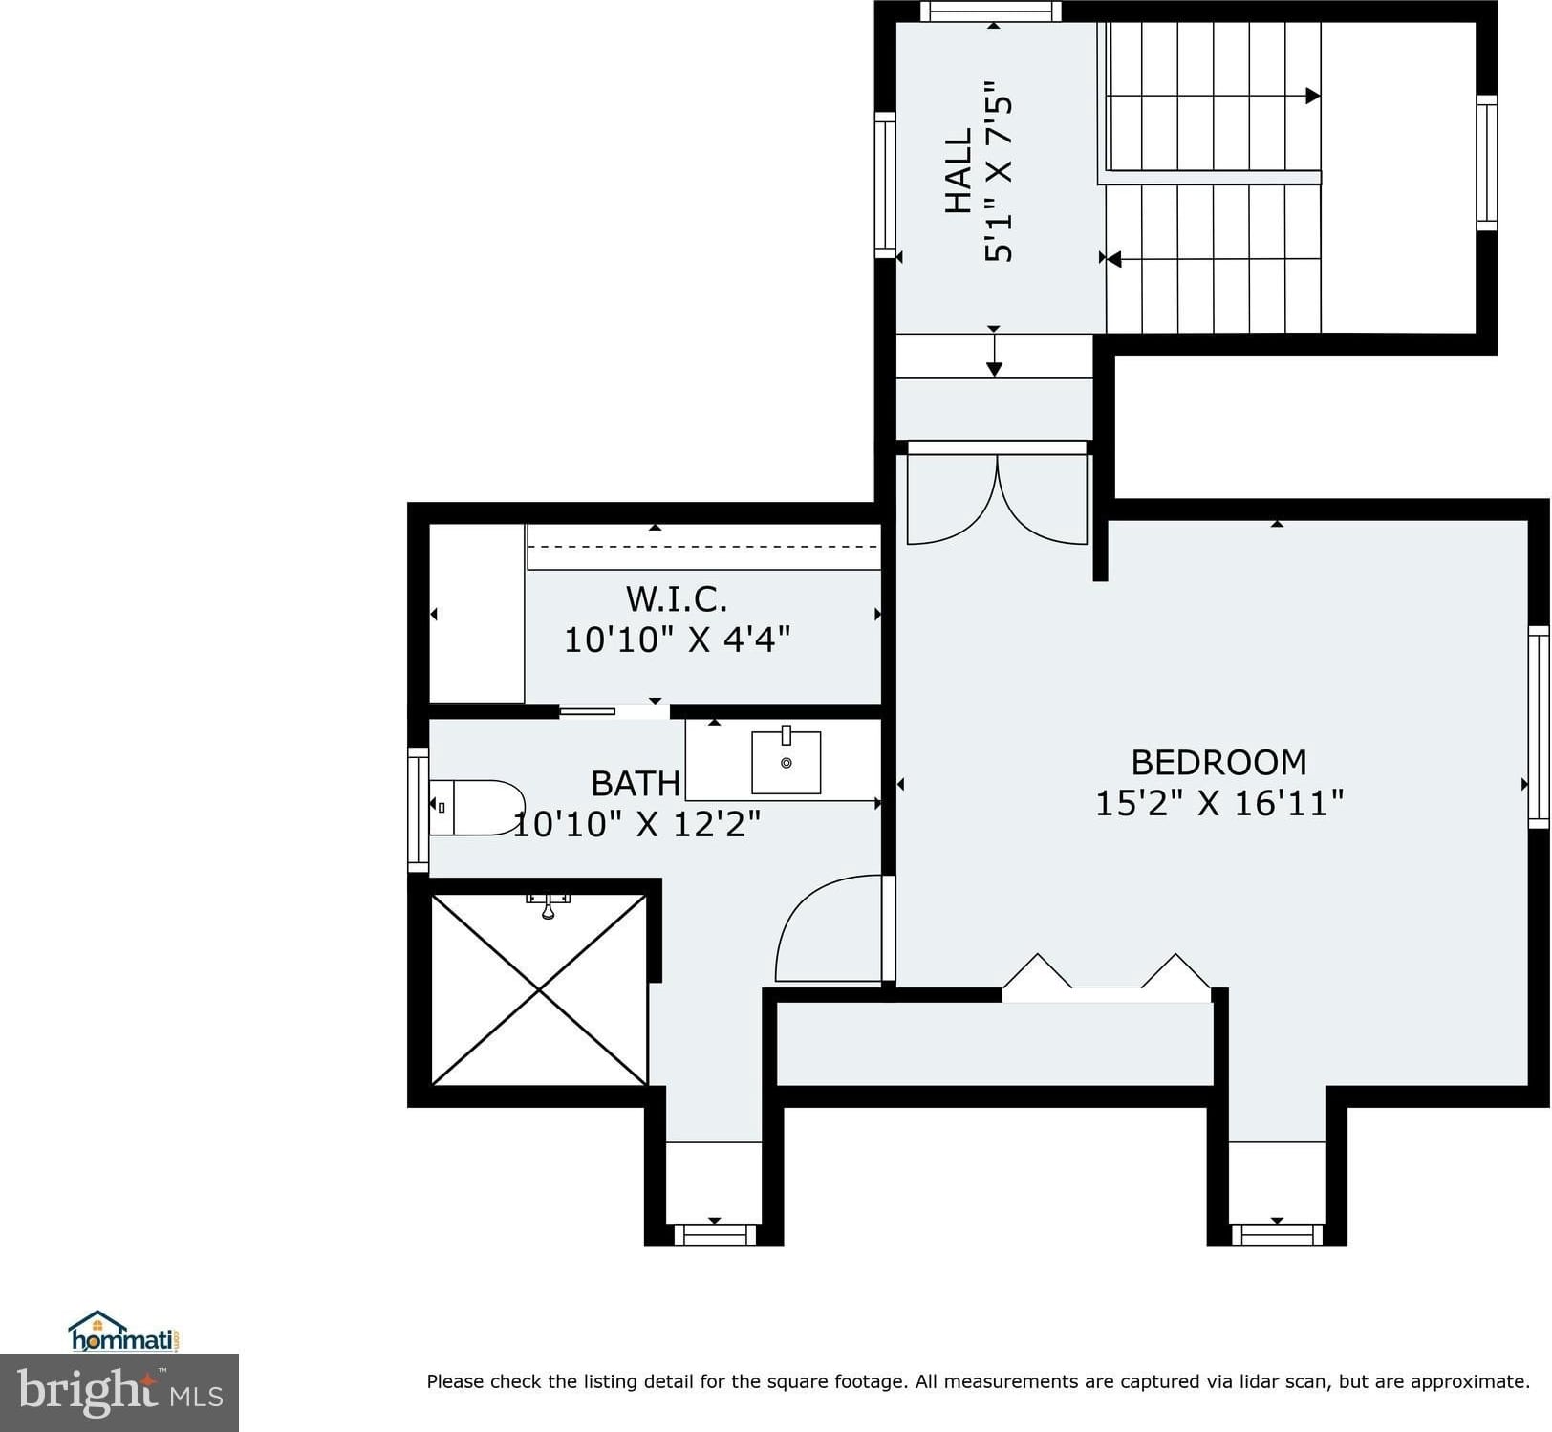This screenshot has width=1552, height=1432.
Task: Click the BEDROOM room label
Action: [x=1218, y=762]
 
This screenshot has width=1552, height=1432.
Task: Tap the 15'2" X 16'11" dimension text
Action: [x=1218, y=803]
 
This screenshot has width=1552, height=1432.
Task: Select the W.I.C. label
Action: [x=677, y=598]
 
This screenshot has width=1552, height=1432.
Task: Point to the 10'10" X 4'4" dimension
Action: [x=677, y=639]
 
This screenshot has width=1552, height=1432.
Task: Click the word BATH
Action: [x=636, y=784]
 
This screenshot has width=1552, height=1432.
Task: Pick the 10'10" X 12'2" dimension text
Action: [x=637, y=823]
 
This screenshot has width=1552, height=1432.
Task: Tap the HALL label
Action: [x=959, y=171]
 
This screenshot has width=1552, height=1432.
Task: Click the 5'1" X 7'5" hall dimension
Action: [x=998, y=171]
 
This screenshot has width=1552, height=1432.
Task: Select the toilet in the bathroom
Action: [x=477, y=808]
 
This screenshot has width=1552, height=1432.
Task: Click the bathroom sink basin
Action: [x=787, y=762]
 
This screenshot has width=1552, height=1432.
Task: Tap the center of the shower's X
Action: [x=539, y=989]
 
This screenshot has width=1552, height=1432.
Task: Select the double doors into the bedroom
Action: [x=997, y=497]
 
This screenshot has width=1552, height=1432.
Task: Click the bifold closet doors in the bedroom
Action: [x=1107, y=976]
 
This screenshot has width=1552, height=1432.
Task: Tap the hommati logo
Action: [x=124, y=1331]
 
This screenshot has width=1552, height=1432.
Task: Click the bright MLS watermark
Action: [x=119, y=1392]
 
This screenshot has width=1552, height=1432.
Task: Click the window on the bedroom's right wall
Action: [x=1538, y=727]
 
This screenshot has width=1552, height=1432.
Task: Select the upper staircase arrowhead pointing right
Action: [x=1313, y=96]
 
